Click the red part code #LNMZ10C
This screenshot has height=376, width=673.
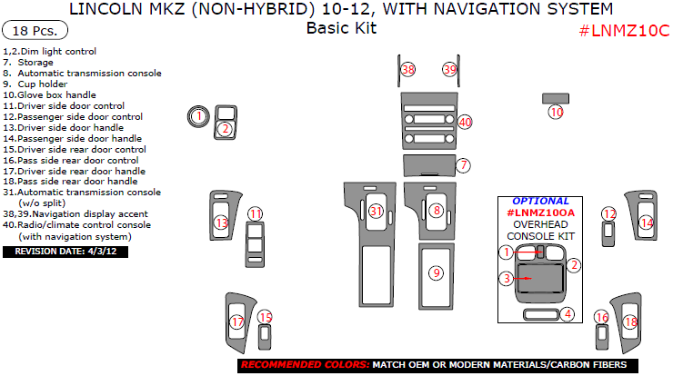pos(624,30)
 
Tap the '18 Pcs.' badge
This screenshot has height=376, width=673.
pos(31,30)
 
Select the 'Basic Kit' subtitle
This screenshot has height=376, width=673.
pos(341,28)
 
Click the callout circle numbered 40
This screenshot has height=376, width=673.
pos(465,122)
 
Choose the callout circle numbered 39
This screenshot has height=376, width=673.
pos(449,70)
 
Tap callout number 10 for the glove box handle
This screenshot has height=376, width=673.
pos(555,112)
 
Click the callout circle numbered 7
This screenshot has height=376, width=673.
pos(464,165)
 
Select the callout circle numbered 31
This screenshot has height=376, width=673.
pos(376,211)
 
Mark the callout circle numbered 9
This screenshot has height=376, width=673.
pos(437,272)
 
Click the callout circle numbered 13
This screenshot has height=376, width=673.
pos(220,223)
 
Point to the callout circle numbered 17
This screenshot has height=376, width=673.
pos(236,322)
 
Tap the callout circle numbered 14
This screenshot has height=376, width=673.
pos(647,223)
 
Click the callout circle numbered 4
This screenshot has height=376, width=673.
pos(568,314)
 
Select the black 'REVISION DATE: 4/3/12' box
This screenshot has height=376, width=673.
pos(65,251)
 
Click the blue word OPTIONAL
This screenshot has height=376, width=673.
pos(540,202)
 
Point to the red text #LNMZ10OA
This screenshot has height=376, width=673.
pos(540,213)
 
